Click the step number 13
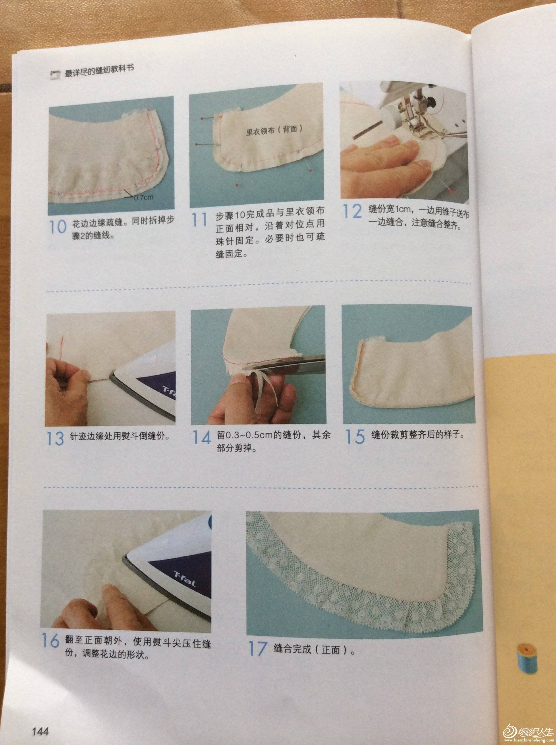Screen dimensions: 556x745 click(x=55, y=438)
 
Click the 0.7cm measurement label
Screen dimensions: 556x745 click(x=144, y=197)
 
